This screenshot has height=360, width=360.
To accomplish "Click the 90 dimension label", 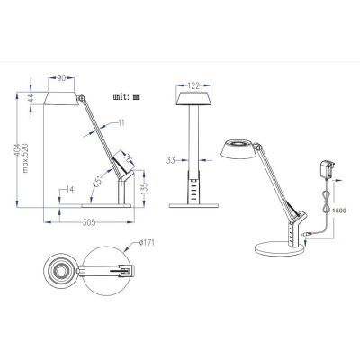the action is click(61, 78).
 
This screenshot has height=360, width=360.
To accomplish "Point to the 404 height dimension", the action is click(19, 148).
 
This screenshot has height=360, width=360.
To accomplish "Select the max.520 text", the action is click(26, 158).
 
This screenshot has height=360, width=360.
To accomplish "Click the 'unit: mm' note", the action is click(126, 97).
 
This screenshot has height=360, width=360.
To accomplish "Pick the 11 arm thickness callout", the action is click(121, 122).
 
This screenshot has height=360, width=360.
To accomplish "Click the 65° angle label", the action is click(98, 182).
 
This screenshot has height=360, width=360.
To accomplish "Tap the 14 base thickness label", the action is click(69, 189).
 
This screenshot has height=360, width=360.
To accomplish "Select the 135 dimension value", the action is click(144, 188).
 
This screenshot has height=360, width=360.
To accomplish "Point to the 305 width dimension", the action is click(89, 222).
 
